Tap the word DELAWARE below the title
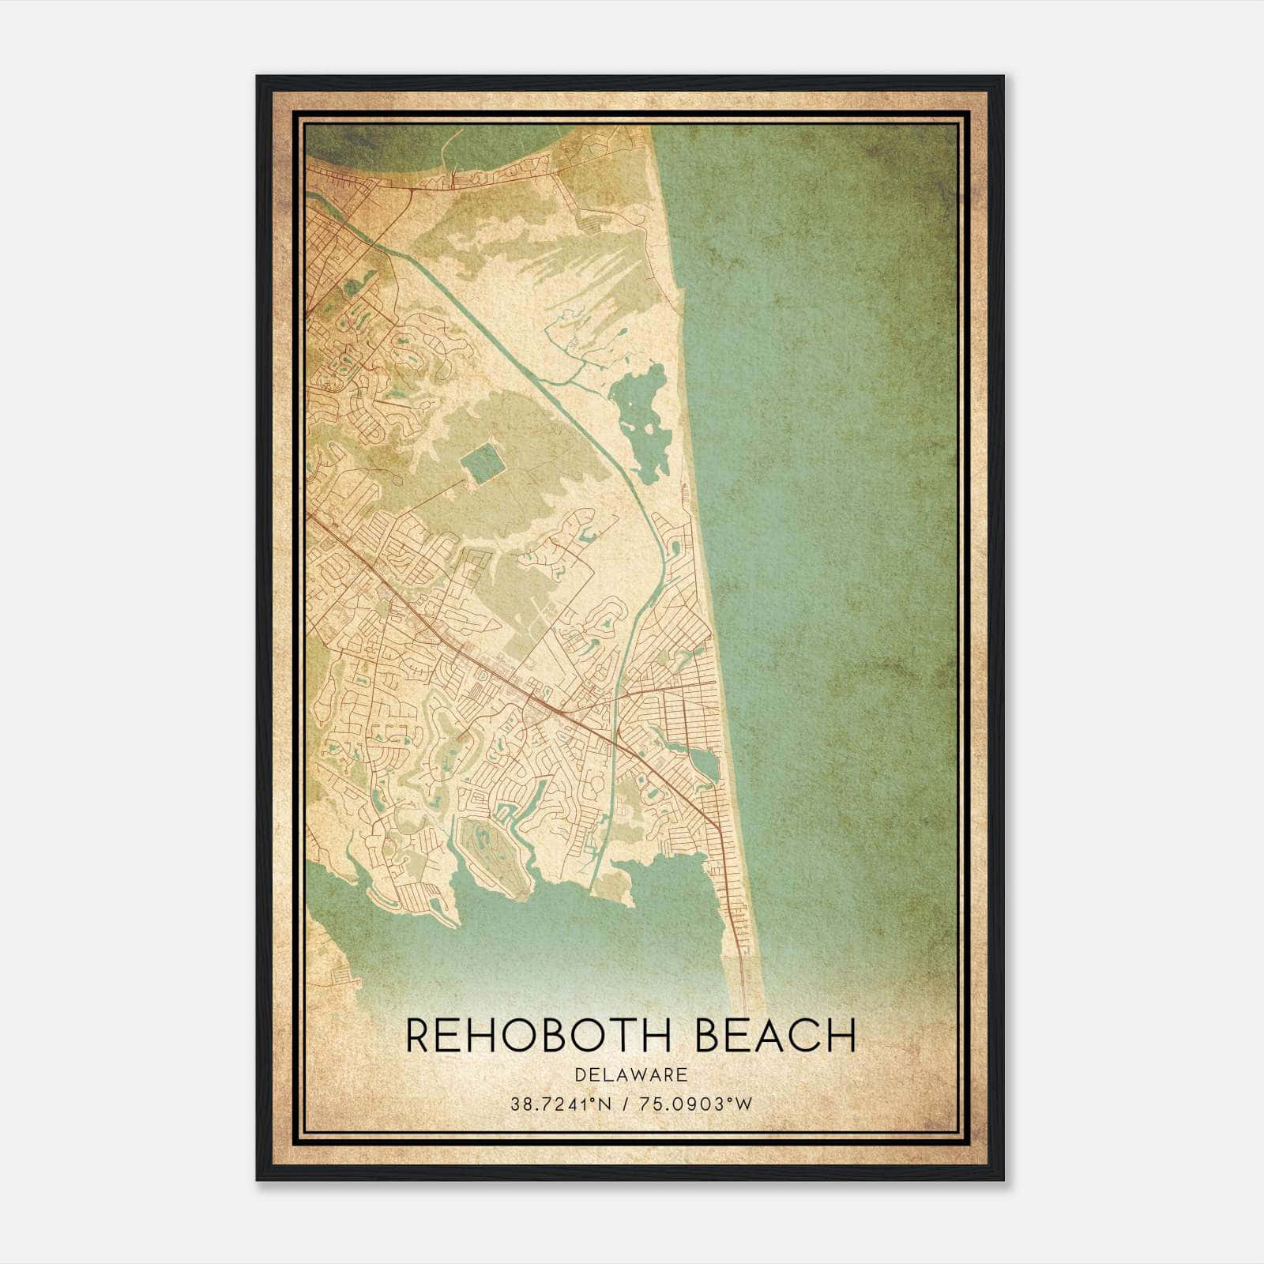click(631, 1075)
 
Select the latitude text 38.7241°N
click(562, 1104)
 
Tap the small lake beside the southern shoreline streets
click(705, 763)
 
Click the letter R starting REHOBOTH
click(419, 1036)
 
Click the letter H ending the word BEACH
click(842, 1036)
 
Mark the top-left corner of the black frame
click(258, 77)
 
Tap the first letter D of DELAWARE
click(581, 1075)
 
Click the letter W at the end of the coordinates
click(744, 1104)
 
